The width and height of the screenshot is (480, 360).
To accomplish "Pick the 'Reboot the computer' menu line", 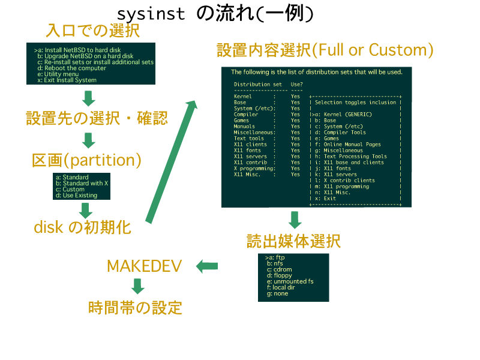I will [71, 68].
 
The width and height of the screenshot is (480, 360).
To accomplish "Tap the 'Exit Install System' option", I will [70, 80].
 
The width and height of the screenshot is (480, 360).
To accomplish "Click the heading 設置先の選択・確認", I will [97, 118].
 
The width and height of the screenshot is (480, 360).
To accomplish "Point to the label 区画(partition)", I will [86, 160].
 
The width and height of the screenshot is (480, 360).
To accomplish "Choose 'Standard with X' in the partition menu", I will [82, 183].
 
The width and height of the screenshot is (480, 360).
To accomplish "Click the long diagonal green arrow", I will [170, 162].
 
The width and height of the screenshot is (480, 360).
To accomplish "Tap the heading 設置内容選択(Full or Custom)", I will [325, 50].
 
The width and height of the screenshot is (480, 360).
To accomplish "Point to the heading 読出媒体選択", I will [294, 241].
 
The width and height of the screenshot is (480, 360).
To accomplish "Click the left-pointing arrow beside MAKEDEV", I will [208, 266].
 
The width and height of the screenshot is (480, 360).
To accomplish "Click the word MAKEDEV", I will [144, 266].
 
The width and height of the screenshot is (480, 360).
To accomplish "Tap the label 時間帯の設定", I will [135, 308].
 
